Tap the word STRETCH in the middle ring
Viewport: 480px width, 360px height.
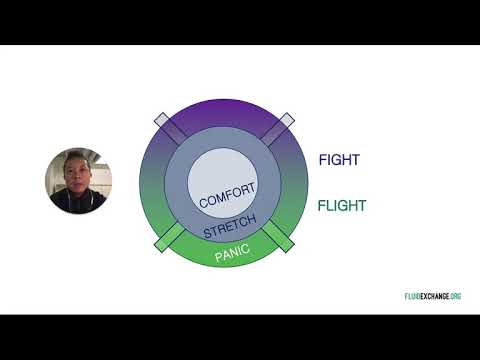click(230, 226)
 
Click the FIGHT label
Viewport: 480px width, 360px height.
click(339, 160)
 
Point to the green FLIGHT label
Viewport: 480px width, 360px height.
click(341, 207)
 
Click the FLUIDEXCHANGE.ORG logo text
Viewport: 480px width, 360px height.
click(425, 296)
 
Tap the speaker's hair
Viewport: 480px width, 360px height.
click(76, 156)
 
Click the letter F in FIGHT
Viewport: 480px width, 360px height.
click(322, 160)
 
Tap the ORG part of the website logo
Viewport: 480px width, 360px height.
click(455, 296)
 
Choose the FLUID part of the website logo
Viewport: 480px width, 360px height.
click(400, 296)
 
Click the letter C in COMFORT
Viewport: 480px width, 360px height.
click(204, 203)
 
